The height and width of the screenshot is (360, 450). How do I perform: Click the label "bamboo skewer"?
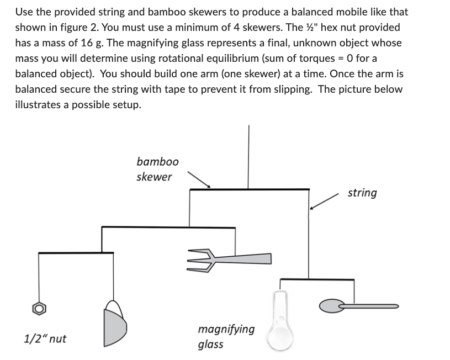coord(157,169)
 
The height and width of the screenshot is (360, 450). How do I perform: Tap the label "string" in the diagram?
coord(362,193)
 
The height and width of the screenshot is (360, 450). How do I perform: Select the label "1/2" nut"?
coord(45,338)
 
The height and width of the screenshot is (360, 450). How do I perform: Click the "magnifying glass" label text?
coord(226,336)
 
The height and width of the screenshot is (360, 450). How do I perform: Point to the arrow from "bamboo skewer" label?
coord(199,179)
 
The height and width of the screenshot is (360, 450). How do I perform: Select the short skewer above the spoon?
coord(317,280)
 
